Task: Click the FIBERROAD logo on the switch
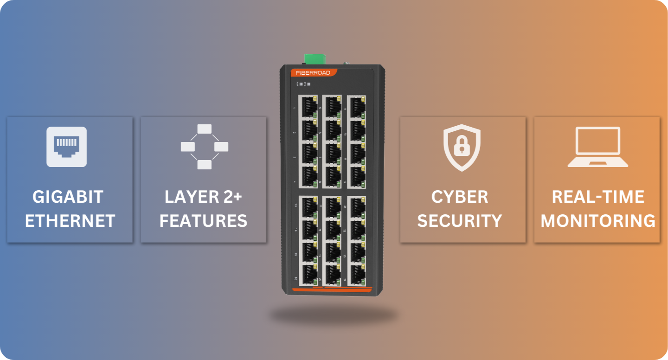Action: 314,73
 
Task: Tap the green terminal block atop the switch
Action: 315,59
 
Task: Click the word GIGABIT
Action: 68,197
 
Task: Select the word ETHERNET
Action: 70,221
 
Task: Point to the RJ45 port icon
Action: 66,147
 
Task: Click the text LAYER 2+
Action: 203,197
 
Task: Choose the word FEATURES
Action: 203,221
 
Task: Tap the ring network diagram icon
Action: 204,147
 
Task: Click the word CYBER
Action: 460,197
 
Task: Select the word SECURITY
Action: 460,221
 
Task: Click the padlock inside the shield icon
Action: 461,147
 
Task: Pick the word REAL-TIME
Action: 597,197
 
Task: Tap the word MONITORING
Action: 597,221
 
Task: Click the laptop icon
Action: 597,147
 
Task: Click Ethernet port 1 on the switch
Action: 308,107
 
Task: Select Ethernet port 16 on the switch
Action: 308,275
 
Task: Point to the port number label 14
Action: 295,230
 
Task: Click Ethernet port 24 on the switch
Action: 357,275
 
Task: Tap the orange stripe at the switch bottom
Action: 332,290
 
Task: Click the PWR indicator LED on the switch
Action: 301,84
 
